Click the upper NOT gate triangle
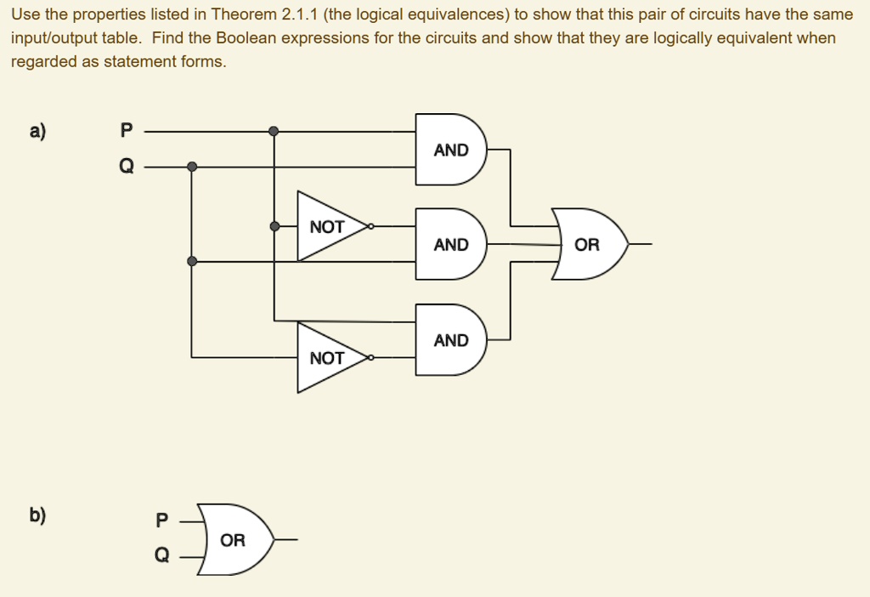tap(328, 227)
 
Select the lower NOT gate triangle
tap(328, 358)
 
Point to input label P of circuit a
tap(127, 131)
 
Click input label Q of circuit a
tap(127, 167)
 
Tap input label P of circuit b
tap(162, 520)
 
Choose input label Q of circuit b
tap(162, 555)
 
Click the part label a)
tap(37, 131)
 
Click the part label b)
tap(37, 515)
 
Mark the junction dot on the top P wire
tap(274, 132)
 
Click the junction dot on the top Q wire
tap(192, 167)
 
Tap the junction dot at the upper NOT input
tap(274, 226)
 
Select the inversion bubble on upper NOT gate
tap(371, 227)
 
